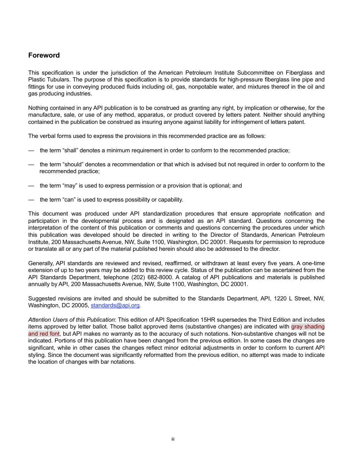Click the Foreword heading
(x=44, y=55)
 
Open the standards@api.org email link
(x=115, y=306)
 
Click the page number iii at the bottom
(x=173, y=439)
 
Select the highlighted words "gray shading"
(x=308, y=327)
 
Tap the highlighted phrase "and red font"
(x=44, y=334)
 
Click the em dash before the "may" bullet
(x=31, y=186)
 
